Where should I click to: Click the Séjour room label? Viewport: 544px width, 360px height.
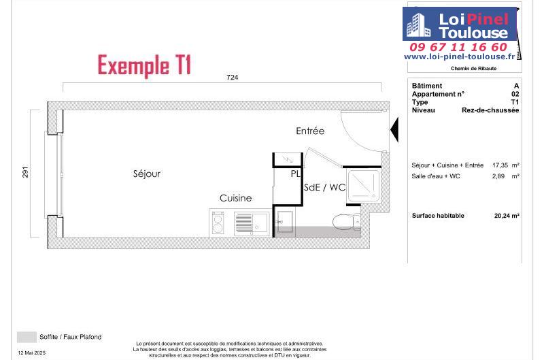click(x=147, y=174)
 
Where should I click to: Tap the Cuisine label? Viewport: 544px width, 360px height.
click(x=235, y=198)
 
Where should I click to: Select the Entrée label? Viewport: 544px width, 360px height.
click(x=310, y=131)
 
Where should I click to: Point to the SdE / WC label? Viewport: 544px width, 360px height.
click(x=325, y=187)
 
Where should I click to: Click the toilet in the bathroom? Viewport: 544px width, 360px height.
click(x=347, y=221)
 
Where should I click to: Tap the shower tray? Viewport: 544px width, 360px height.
click(x=364, y=186)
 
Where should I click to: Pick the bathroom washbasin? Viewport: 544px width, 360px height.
click(x=284, y=222)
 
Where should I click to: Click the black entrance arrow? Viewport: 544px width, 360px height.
click(x=395, y=129)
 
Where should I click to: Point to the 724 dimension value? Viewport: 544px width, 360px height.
click(x=232, y=78)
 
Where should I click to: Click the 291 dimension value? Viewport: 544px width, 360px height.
click(x=25, y=172)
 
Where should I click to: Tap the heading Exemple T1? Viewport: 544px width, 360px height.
click(x=144, y=65)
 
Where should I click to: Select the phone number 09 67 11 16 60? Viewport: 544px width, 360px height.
click(x=458, y=47)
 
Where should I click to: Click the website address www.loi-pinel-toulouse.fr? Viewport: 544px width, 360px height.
click(x=460, y=56)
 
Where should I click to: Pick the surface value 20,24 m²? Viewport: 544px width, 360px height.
click(x=507, y=216)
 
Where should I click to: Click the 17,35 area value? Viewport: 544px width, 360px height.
click(x=500, y=165)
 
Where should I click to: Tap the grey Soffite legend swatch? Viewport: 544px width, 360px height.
click(x=27, y=337)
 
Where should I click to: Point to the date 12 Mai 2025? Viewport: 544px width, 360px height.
click(x=31, y=353)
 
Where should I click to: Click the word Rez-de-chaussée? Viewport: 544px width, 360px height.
click(x=490, y=110)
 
